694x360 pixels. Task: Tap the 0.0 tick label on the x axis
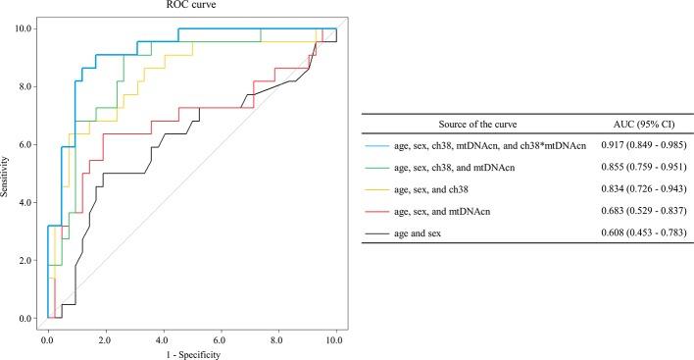(47, 334)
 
